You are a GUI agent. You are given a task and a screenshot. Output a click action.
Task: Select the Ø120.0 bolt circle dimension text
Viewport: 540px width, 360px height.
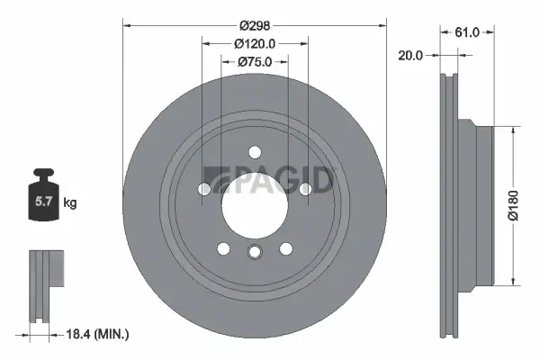[x=255, y=43]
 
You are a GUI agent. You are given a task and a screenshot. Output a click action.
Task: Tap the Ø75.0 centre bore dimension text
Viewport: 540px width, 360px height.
[x=255, y=62]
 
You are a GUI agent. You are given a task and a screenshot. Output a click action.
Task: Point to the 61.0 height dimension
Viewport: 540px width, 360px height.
[x=466, y=32]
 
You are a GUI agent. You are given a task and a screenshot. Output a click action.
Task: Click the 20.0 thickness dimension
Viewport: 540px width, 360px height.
[x=411, y=55]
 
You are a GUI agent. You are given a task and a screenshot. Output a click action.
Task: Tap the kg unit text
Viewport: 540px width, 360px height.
[x=70, y=202]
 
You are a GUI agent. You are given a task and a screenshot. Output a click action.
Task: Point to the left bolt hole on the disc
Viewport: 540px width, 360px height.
[x=205, y=189]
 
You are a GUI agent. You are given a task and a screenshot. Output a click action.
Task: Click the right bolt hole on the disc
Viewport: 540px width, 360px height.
[x=304, y=189]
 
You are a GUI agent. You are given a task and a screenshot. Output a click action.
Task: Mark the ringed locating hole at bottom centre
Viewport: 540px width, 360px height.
[x=255, y=253]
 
